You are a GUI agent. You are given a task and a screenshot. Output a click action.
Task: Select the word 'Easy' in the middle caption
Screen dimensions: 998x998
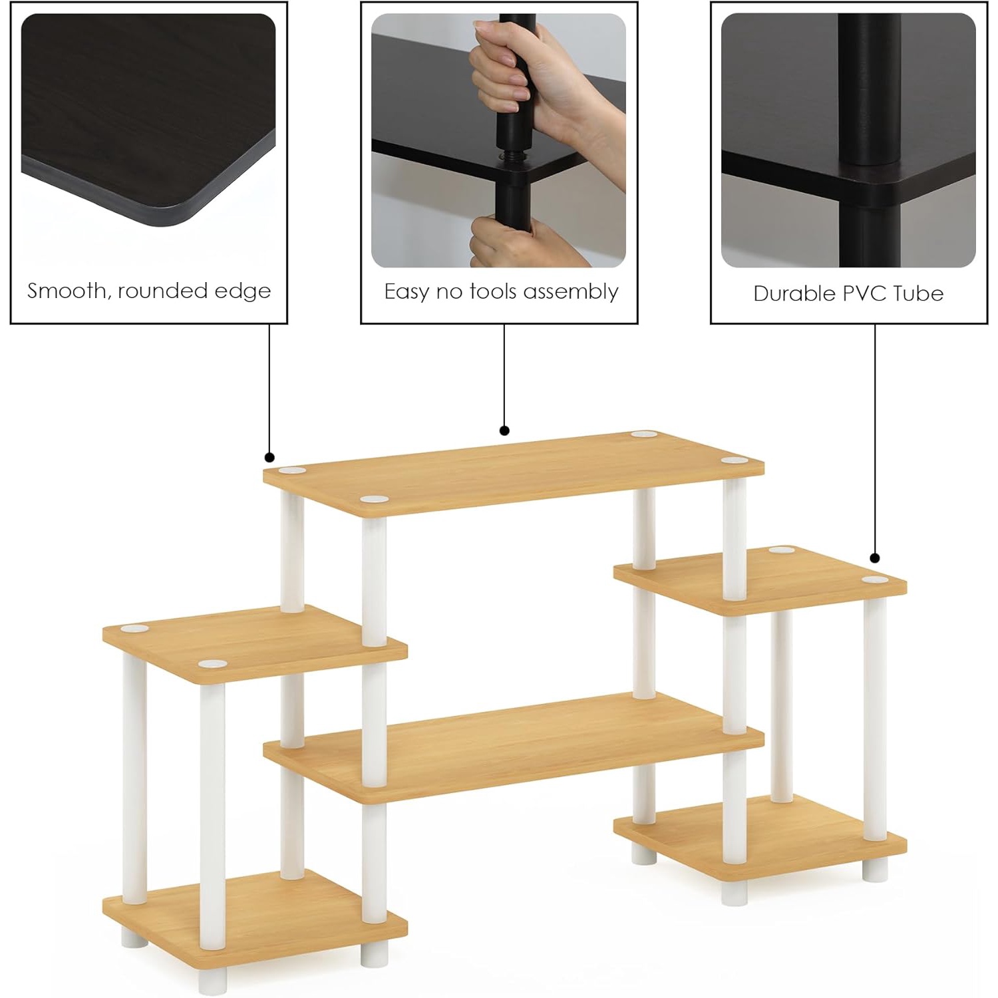point(407,292)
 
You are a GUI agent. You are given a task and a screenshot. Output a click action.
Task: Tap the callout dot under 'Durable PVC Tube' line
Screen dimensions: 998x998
point(875,558)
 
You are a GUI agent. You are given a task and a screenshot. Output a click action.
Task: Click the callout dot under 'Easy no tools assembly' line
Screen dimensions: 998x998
point(504,430)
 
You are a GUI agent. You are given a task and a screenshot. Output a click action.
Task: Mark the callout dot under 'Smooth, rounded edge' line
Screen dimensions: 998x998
point(269,457)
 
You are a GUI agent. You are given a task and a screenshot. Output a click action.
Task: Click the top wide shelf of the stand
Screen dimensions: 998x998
point(513,472)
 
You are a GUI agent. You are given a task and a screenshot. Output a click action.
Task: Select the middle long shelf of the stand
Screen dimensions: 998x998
point(513,747)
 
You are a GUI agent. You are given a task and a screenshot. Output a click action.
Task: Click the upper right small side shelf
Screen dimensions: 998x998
point(760,580)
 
